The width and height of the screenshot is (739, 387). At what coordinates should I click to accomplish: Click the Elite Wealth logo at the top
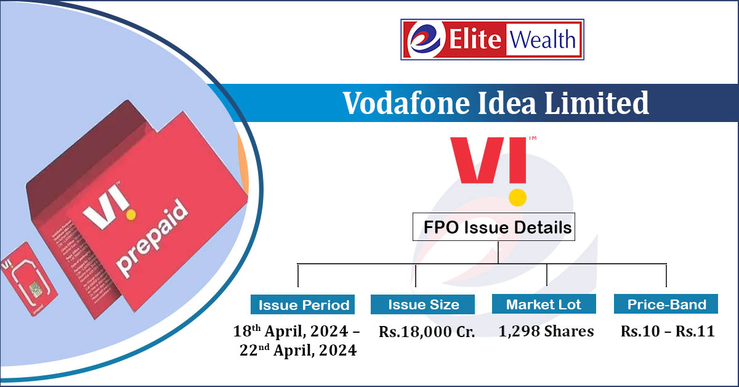pyautogui.click(x=492, y=40)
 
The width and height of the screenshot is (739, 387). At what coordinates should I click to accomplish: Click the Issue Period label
pyautogui.click(x=304, y=304)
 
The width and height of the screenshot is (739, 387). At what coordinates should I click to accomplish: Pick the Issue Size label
pyautogui.click(x=423, y=304)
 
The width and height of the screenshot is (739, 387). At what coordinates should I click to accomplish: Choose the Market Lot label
pyautogui.click(x=544, y=304)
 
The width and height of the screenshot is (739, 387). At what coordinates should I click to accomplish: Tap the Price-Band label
pyautogui.click(x=666, y=304)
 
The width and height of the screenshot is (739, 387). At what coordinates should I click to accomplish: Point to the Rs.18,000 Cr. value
pyautogui.click(x=427, y=332)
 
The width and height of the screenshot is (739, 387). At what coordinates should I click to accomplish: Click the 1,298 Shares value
pyautogui.click(x=546, y=332)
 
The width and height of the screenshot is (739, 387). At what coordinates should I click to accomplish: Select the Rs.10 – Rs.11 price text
pyautogui.click(x=668, y=332)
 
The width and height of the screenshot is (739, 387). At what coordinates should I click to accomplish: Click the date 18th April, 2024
pyautogui.click(x=296, y=332)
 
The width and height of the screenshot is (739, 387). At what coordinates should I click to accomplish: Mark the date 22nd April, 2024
pyautogui.click(x=298, y=351)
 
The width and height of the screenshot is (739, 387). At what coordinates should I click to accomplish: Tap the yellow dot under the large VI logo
pyautogui.click(x=518, y=197)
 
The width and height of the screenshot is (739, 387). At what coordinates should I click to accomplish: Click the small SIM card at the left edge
pyautogui.click(x=28, y=283)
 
